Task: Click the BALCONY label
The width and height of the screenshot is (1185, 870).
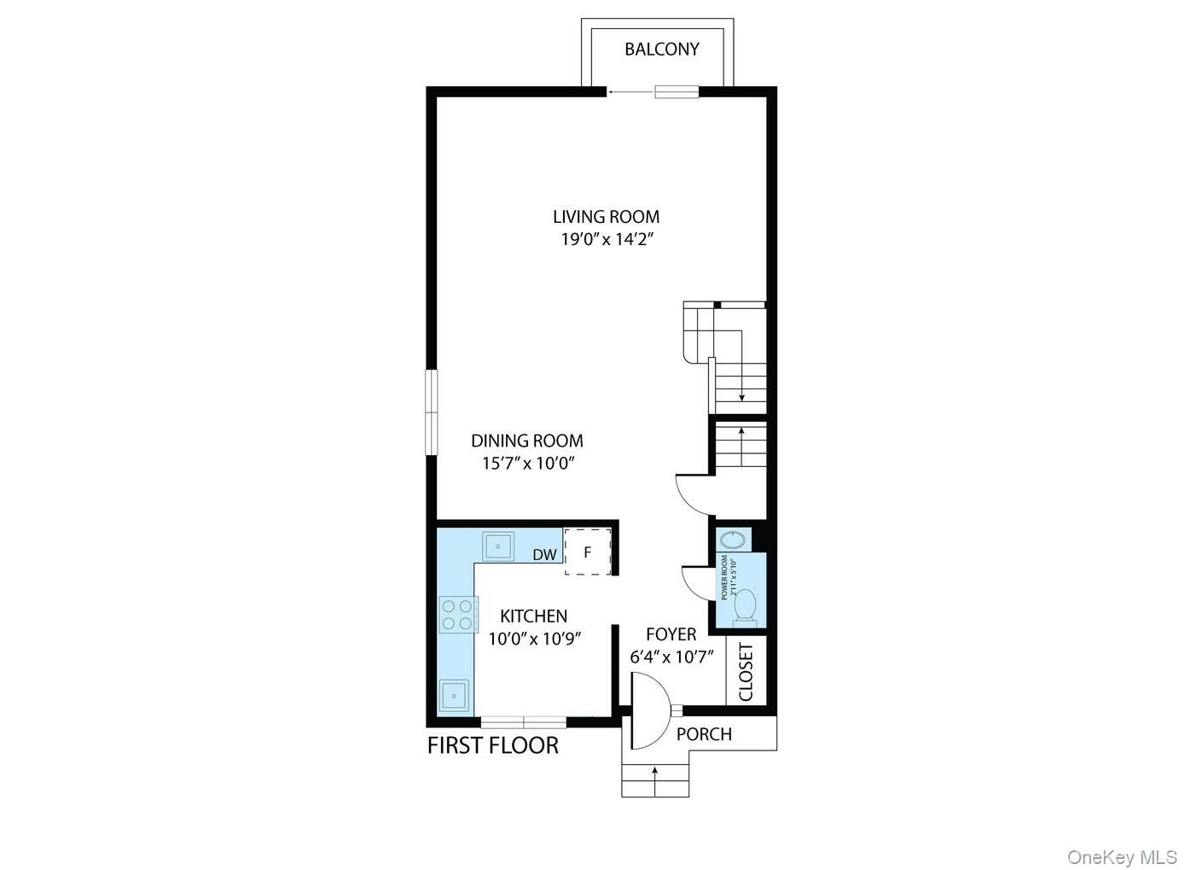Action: pos(661,50)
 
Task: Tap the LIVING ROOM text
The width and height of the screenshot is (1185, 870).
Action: pos(606,217)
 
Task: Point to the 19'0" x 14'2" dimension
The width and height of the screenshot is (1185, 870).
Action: pos(606,240)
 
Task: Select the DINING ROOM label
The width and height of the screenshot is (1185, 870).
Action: pos(527,441)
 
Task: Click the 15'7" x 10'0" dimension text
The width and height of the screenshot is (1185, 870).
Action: pos(527,464)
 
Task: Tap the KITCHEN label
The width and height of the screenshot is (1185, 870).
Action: pos(533,616)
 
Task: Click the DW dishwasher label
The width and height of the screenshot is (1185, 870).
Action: pos(544,555)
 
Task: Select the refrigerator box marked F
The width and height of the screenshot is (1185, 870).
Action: pos(588,552)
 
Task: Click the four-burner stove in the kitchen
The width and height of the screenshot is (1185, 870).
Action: pos(456,615)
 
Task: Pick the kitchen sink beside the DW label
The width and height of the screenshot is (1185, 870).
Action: pos(497,545)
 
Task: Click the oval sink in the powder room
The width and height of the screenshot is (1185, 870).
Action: pos(732,540)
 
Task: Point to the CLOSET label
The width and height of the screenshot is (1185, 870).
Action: pos(746,672)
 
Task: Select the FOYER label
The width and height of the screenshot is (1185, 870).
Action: pos(671,634)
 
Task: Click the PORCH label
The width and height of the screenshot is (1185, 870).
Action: pos(704,734)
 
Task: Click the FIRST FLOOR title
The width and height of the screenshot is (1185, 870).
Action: pos(492,745)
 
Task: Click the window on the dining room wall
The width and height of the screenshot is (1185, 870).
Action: pos(432,412)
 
